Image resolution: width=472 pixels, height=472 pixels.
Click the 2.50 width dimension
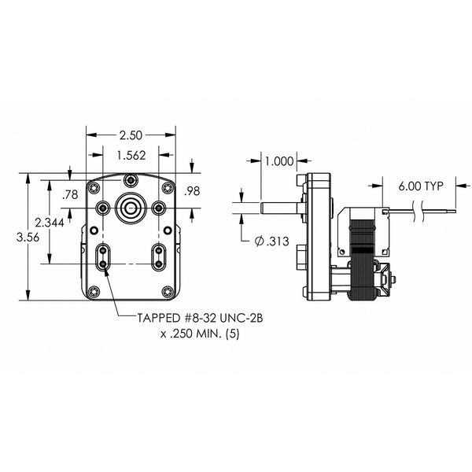pyautogui.click(x=131, y=135)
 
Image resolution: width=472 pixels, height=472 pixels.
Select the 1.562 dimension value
pyautogui.click(x=131, y=155)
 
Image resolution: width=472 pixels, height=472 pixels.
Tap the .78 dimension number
pyautogui.click(x=70, y=195)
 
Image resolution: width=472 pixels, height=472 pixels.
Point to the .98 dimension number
pyautogui.click(x=192, y=191)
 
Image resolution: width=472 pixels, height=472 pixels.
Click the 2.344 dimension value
pyautogui.click(x=50, y=223)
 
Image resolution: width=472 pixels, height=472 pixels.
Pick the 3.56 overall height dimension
pyautogui.click(x=28, y=238)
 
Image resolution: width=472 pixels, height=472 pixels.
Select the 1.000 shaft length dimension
pyautogui.click(x=279, y=161)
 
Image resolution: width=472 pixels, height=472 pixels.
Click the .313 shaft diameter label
pyautogui.click(x=272, y=242)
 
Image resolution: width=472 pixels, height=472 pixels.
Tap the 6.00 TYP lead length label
pyautogui.click(x=421, y=186)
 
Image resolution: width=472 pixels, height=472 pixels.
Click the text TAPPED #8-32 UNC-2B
pyautogui.click(x=200, y=318)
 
